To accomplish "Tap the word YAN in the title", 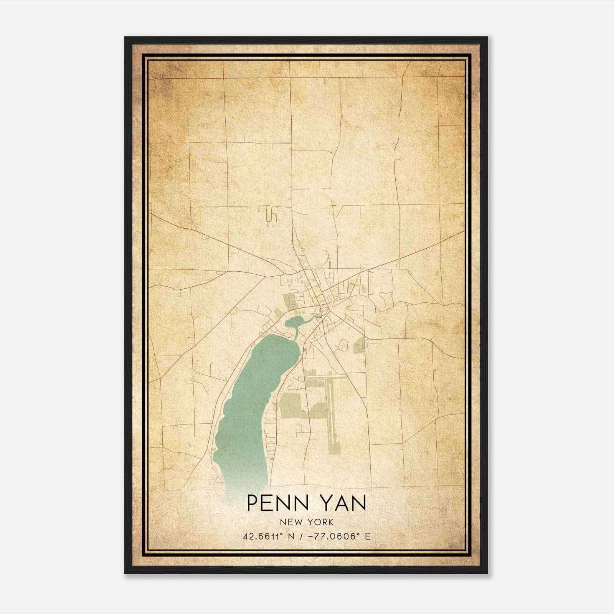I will [x=339, y=503].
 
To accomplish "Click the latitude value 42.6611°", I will [x=264, y=536].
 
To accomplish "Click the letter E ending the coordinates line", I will [x=368, y=536].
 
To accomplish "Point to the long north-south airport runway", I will [x=331, y=407].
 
